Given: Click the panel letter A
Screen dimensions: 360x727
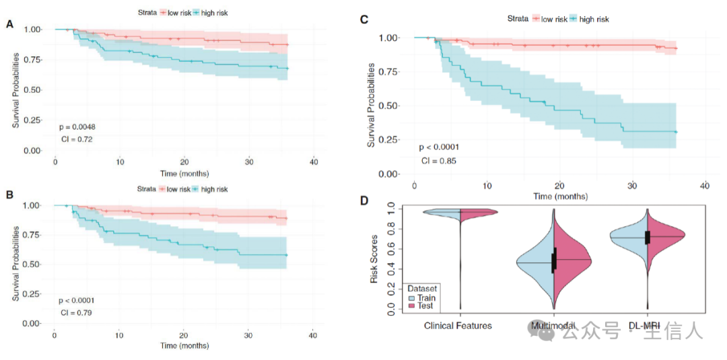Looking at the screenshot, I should click(9, 25).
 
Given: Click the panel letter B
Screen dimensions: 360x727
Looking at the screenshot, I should click(9, 195).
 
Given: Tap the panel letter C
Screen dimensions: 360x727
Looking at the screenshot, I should click(364, 19).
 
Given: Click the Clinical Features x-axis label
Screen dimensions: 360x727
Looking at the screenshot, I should click(458, 326).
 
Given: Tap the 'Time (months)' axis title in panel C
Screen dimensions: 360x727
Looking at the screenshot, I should click(559, 196).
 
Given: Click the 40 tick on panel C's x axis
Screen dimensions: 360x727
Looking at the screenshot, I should click(704, 185).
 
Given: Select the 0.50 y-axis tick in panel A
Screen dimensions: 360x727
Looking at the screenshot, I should click(34, 90).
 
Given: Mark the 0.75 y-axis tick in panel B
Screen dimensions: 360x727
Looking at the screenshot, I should click(34, 235).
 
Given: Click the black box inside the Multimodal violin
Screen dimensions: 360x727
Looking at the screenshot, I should click(555, 260).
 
